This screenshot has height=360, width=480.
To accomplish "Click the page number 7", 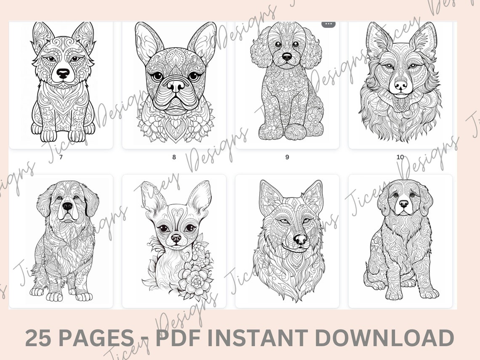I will point(61,157).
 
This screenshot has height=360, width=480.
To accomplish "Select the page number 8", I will point(174,157).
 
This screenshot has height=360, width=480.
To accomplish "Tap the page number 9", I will point(287,157).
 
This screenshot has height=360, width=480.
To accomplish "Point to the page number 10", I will point(400,157).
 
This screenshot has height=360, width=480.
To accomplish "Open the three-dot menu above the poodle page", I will point(328,24).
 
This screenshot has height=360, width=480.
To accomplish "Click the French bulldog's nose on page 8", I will point(175,85).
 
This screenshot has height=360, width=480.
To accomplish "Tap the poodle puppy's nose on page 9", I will point(287,56).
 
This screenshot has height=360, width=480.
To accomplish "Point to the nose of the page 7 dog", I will point(63,74).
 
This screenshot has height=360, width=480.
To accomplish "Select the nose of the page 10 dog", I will point(400,85).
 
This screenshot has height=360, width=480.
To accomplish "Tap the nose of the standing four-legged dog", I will point(67,206).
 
